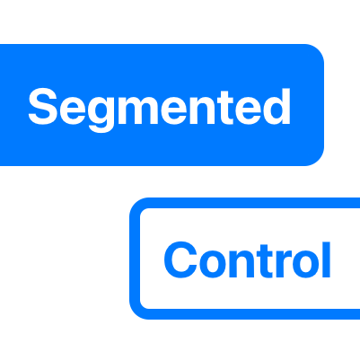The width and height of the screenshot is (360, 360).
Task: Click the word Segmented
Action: click(x=159, y=110)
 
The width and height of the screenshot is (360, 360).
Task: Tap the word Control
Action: click(x=247, y=260)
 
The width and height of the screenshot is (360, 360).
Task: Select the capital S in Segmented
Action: click(x=42, y=106)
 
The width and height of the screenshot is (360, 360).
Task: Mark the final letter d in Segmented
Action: click(x=277, y=107)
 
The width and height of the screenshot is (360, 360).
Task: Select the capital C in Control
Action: click(x=180, y=260)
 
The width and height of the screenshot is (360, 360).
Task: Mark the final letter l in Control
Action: click(x=327, y=259)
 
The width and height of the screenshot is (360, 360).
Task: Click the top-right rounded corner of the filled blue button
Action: click(x=319, y=49)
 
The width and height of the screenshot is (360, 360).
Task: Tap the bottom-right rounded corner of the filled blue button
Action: click(x=319, y=160)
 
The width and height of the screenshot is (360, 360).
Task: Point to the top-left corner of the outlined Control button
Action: click(x=136, y=204)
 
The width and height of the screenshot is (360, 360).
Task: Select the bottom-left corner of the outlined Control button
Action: click(x=136, y=312)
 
